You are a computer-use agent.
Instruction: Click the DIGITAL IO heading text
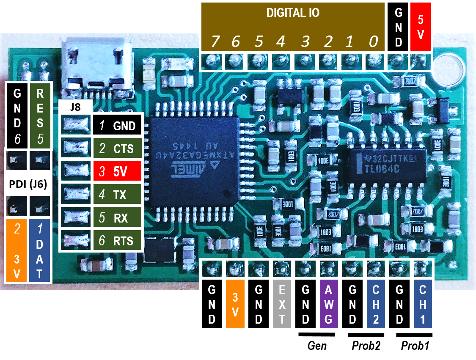pyautogui.click(x=293, y=13)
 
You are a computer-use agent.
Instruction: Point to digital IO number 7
pyautogui.click(x=215, y=42)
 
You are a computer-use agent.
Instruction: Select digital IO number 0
pyautogui.click(x=373, y=42)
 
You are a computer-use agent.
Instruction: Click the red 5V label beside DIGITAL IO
pyautogui.click(x=420, y=27)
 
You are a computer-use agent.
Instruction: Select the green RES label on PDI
pyautogui.click(x=40, y=114)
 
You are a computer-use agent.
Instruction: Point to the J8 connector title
pyautogui.click(x=75, y=107)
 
